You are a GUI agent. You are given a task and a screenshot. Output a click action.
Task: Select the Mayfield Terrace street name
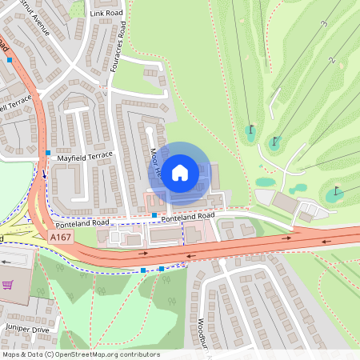pos(86,157)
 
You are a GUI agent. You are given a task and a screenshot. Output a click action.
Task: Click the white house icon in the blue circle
pos(180,171)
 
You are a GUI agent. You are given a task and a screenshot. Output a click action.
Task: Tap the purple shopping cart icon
pos(8,285)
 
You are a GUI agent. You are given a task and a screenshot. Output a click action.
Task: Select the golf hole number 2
pos(331,60)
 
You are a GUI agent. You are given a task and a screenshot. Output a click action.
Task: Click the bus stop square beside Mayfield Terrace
pos(49,152)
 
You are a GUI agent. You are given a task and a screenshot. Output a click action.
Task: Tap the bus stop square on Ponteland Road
pos(154,215)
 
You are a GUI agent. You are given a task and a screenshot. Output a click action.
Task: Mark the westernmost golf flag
pos(251,128)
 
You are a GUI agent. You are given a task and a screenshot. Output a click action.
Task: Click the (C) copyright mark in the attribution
pos(50,354)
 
